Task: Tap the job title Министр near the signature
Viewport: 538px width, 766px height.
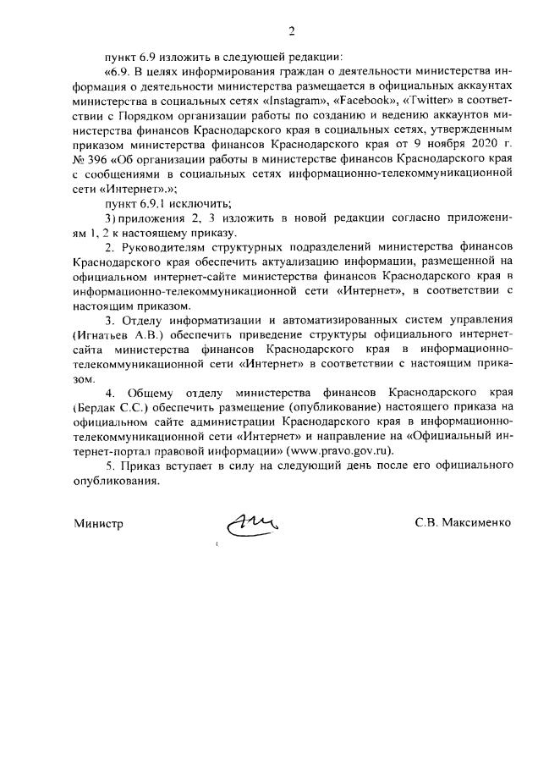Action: [x=98, y=524]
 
